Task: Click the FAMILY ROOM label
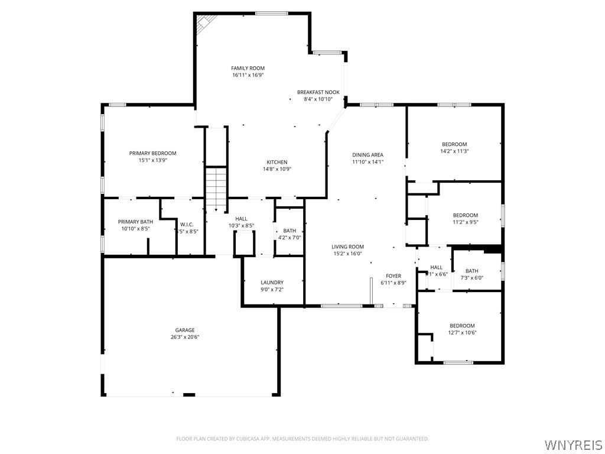pos(248,69)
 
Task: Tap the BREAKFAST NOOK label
pos(318,92)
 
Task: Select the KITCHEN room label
pos(277,162)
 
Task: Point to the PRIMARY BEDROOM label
pos(152,153)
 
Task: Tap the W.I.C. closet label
pos(187,224)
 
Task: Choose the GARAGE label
pos(184,330)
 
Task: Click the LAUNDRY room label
pos(272,283)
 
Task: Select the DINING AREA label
pos(368,155)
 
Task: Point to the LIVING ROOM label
pos(347,247)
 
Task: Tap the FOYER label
pos(393,276)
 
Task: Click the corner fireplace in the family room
pos(205,22)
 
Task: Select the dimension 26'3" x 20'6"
pos(184,337)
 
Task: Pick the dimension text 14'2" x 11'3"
pos(454,151)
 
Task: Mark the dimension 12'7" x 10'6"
pos(462,333)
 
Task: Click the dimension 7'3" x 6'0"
pos(471,278)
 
